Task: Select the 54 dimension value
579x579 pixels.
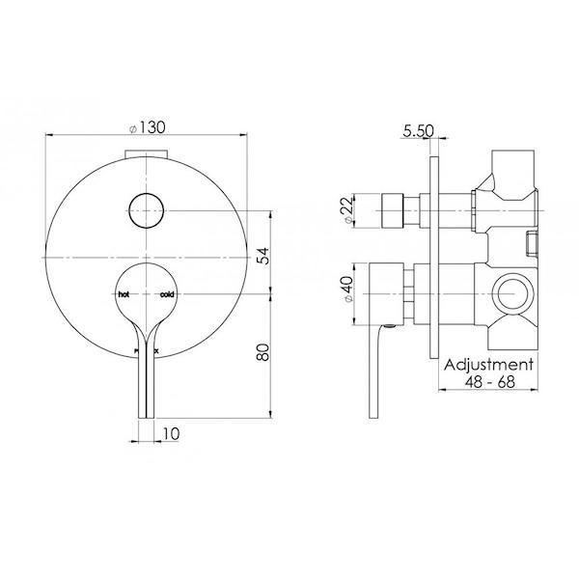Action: click(262, 254)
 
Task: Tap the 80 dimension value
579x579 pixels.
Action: click(262, 352)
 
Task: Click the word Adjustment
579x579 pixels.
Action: click(487, 366)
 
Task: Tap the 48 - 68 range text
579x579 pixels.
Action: click(487, 384)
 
